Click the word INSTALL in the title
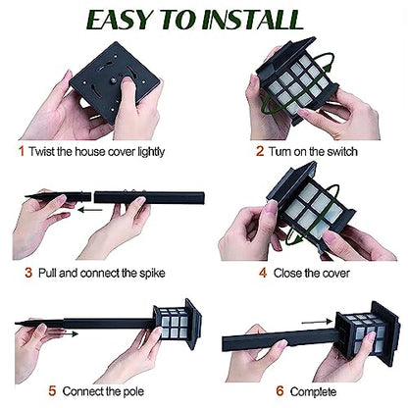[x=253, y=20]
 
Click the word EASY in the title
[x=122, y=20]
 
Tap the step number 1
[x=22, y=151]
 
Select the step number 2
[x=260, y=151]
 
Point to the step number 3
[x=28, y=273]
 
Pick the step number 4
[x=263, y=273]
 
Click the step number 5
[x=52, y=391]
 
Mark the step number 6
[x=280, y=391]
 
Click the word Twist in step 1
[x=41, y=152]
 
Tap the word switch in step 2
[x=342, y=152]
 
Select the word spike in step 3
[x=152, y=274]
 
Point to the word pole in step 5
[x=133, y=391]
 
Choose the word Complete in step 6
[x=313, y=391]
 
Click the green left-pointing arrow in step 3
[x=90, y=210]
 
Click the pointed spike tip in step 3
[x=26, y=196]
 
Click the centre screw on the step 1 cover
[x=113, y=78]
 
